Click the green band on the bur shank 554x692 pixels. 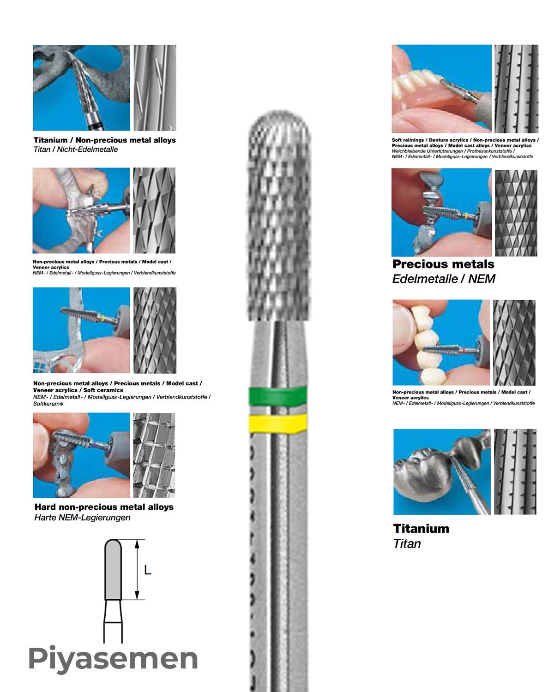(277, 396)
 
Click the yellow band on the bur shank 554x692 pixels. (277, 423)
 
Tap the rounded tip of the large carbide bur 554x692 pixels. (279, 113)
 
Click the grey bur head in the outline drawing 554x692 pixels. (113, 569)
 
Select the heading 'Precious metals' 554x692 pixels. (443, 264)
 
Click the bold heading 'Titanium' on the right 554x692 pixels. (421, 529)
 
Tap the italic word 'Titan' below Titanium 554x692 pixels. (407, 544)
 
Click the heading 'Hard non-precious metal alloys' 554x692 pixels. (104, 507)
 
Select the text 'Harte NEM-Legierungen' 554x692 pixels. (83, 518)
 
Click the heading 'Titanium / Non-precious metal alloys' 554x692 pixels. (105, 140)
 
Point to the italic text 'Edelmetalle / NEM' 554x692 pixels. (444, 279)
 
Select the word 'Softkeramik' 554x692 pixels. (48, 404)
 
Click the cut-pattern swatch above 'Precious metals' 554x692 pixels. (516, 213)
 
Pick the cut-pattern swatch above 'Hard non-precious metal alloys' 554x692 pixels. (154, 456)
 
